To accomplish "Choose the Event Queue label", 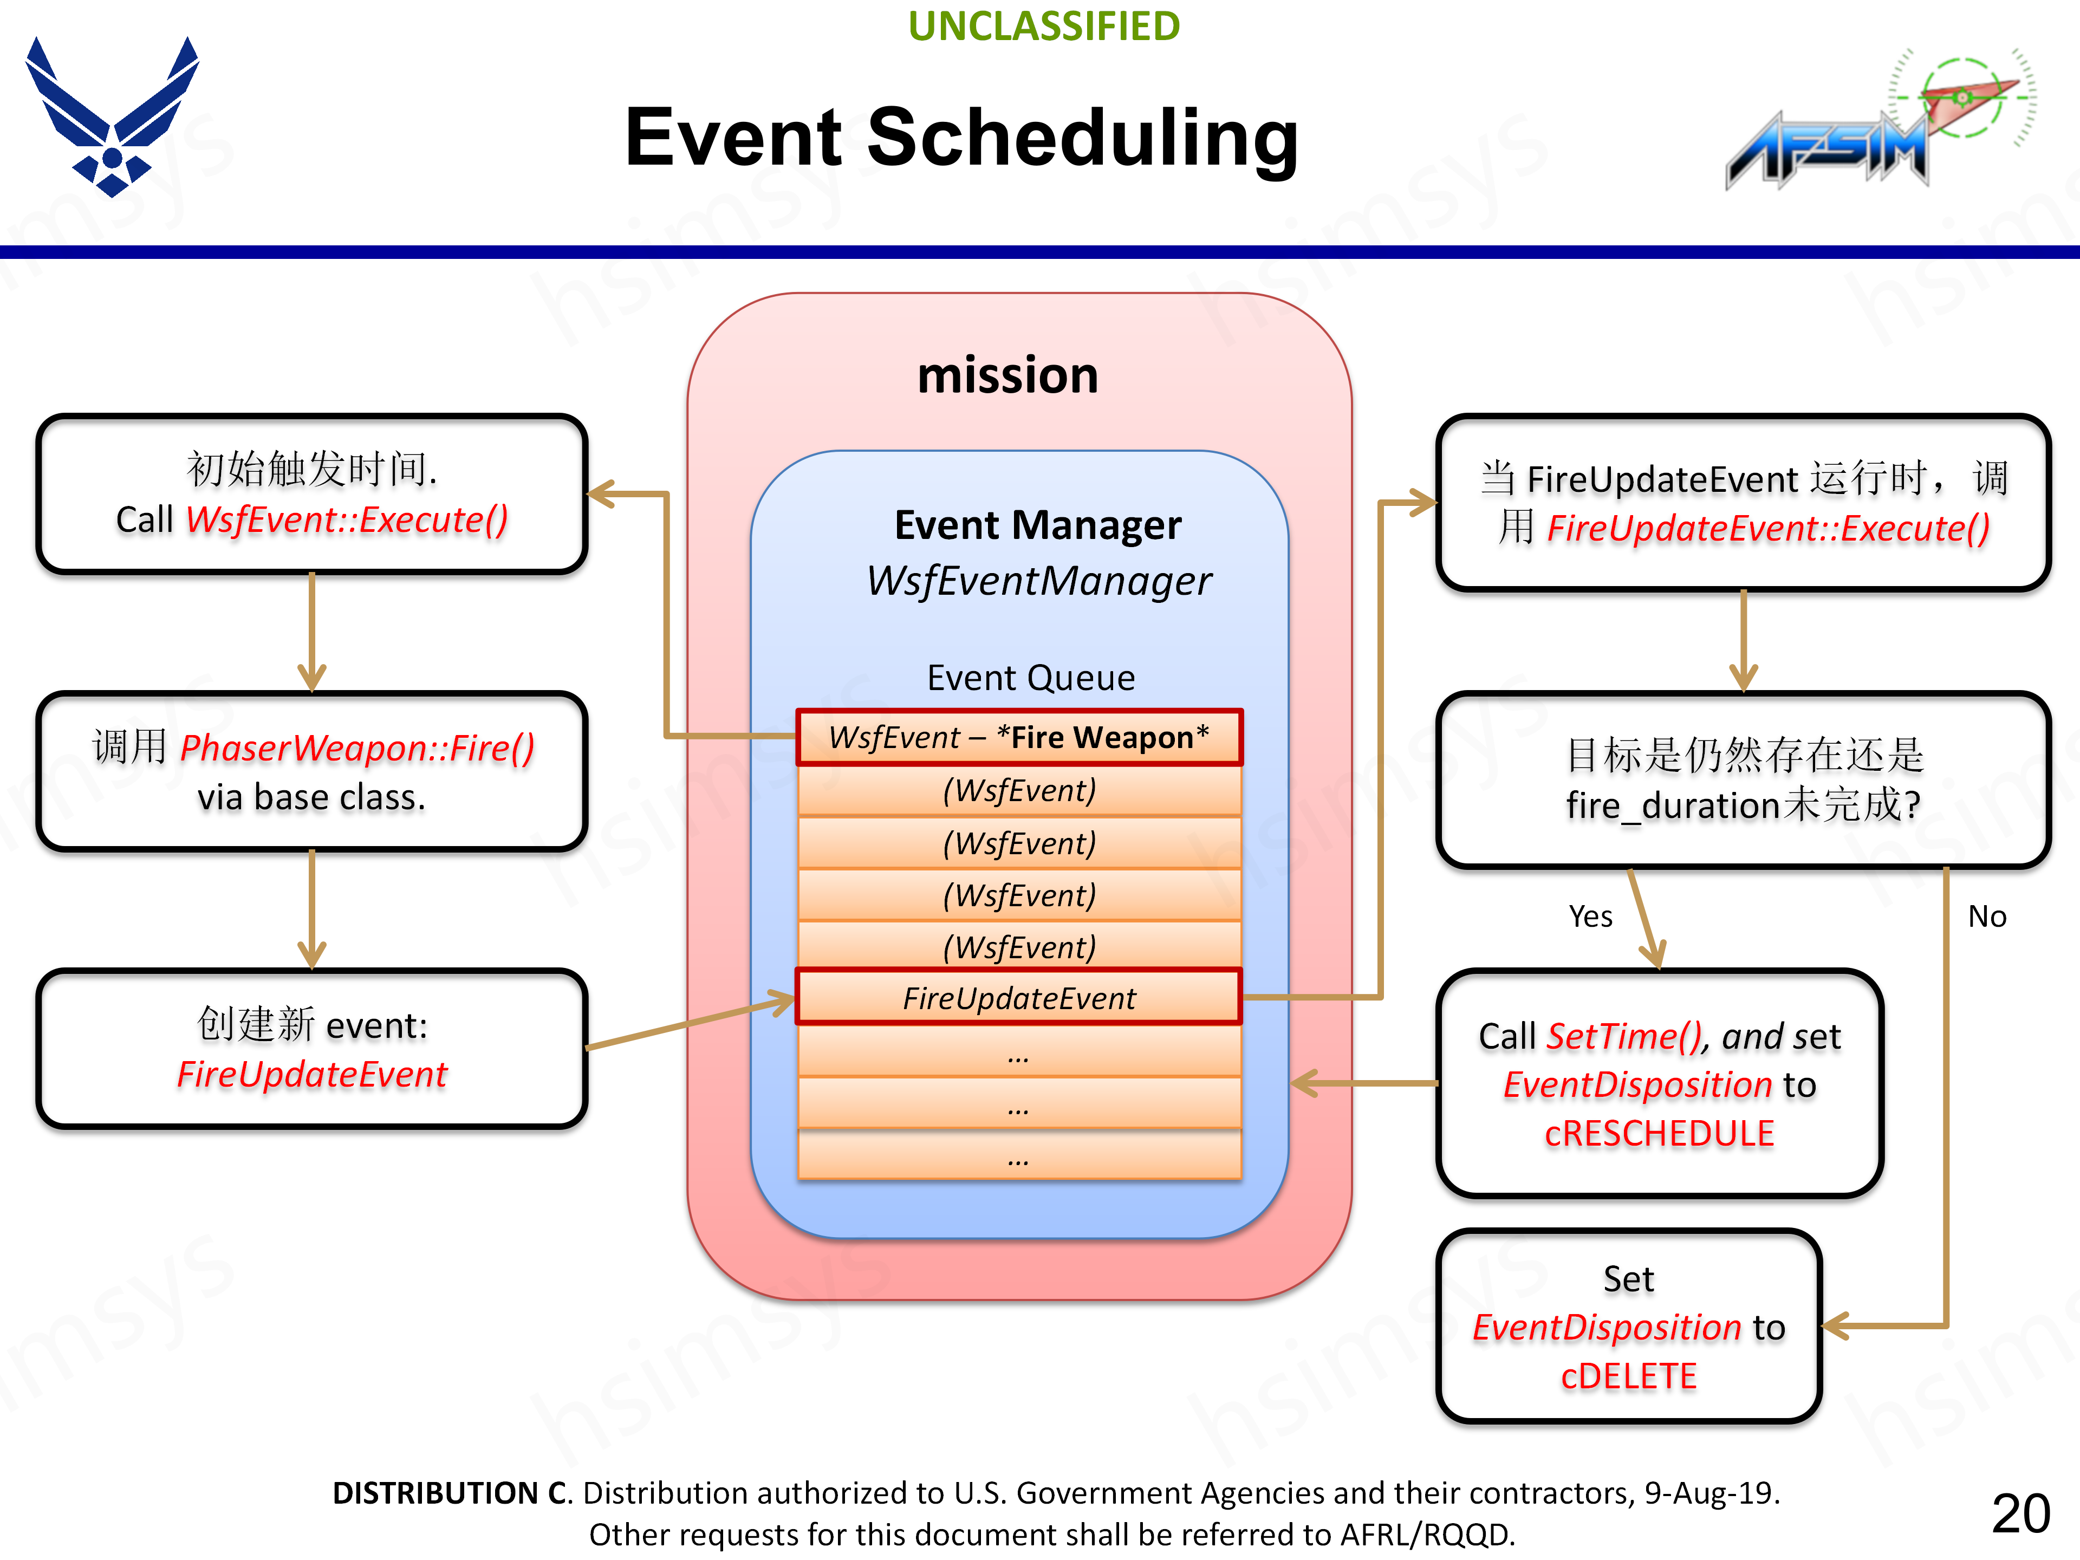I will (1031, 678).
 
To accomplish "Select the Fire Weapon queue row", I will (1018, 737).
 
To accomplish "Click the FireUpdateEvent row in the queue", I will (1018, 998).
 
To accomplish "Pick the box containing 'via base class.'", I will (311, 772).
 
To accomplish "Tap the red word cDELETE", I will (1629, 1376).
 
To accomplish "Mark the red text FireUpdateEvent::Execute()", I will (1768, 529).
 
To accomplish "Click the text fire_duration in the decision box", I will (1673, 806).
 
